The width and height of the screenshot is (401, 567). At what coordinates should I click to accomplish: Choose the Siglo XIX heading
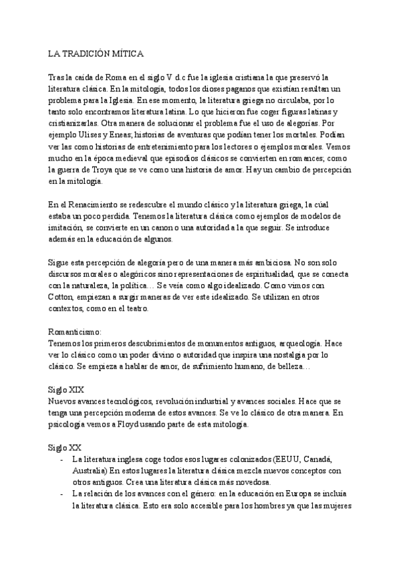(x=66, y=389)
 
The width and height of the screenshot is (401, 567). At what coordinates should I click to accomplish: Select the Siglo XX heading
(x=65, y=447)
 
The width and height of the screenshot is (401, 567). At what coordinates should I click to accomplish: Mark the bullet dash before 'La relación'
(x=61, y=493)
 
